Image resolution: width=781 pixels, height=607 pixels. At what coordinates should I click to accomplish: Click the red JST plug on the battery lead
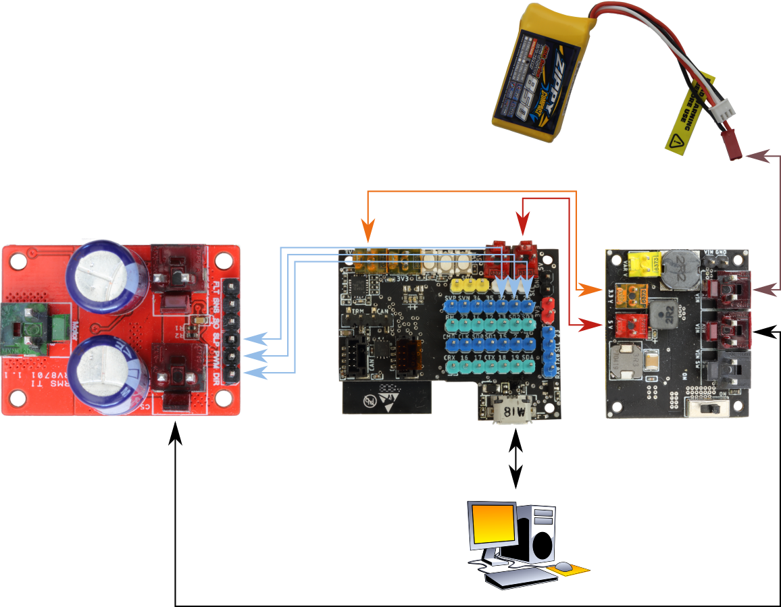click(x=734, y=150)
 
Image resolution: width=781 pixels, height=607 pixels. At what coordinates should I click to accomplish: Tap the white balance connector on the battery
click(x=724, y=110)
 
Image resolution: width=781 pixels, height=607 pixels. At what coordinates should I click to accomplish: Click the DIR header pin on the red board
click(x=232, y=373)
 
